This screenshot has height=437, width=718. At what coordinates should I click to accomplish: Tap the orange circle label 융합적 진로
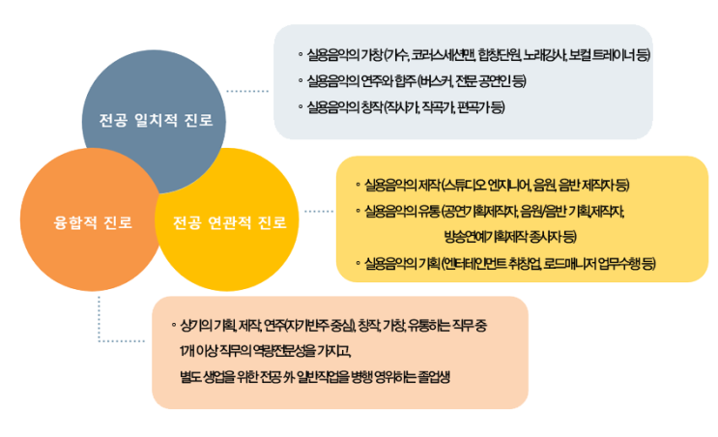[x=94, y=222]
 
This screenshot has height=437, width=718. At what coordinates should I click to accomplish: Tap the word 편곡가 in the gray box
[x=477, y=105]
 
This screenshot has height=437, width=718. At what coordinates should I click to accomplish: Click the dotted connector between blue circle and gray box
[x=247, y=90]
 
